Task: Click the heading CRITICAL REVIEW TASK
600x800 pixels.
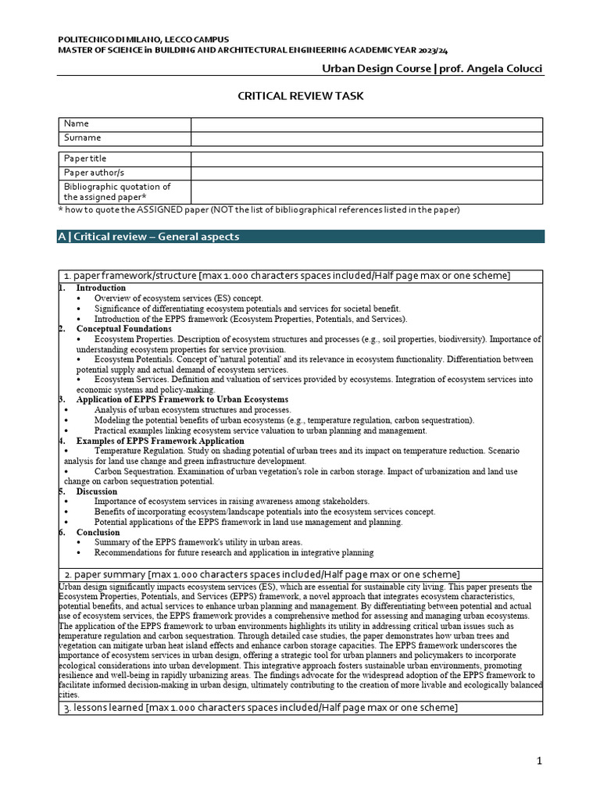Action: tap(300, 95)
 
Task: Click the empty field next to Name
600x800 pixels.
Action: tap(366, 124)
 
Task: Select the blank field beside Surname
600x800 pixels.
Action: tap(366, 138)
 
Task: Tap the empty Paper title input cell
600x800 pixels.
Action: tap(366, 159)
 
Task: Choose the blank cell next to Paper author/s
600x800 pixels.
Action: tap(366, 173)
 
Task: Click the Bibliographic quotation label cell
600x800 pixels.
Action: tap(124, 192)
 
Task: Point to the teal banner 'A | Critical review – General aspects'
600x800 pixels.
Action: tap(301, 237)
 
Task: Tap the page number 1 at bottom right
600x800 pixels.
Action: tap(539, 762)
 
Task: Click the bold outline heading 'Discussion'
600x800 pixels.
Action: tap(97, 491)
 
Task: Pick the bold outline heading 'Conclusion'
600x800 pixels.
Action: tap(98, 532)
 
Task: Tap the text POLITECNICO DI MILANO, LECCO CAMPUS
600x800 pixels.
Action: tap(134, 39)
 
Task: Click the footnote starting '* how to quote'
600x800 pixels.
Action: tap(259, 210)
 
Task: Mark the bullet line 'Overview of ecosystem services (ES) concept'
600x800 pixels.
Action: tap(179, 298)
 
